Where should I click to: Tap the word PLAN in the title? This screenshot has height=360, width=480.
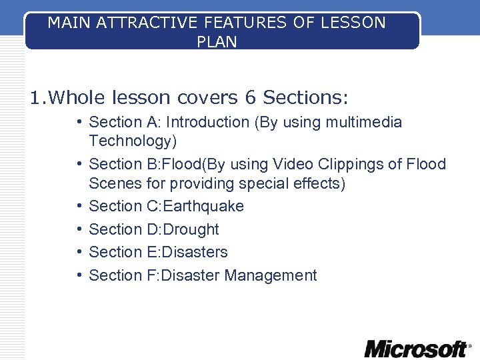coord(217,41)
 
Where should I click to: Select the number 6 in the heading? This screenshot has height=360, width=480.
coord(250,98)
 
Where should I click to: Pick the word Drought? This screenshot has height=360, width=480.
coord(191,229)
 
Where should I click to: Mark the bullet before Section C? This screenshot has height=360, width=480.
coord(79,206)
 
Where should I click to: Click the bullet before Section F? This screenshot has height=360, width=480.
coord(79,275)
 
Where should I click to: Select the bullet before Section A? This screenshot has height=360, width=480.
coord(79,122)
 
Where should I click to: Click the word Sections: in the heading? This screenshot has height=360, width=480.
coord(305,98)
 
